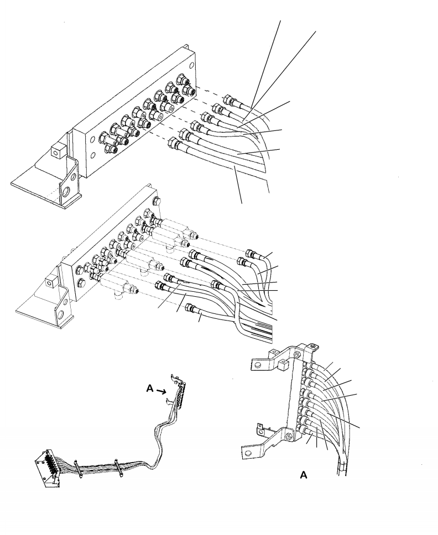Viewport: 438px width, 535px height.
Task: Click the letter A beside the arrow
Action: click(150, 389)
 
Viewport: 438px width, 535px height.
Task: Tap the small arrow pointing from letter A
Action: click(162, 391)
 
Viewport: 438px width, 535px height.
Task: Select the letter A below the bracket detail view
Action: click(304, 475)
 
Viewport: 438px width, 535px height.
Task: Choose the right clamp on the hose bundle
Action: click(118, 468)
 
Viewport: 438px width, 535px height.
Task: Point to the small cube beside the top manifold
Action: click(56, 150)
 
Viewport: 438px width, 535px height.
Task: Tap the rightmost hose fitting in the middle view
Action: click(252, 254)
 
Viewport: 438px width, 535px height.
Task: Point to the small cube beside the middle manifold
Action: click(50, 282)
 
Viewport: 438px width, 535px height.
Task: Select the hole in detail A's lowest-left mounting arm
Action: click(248, 453)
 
